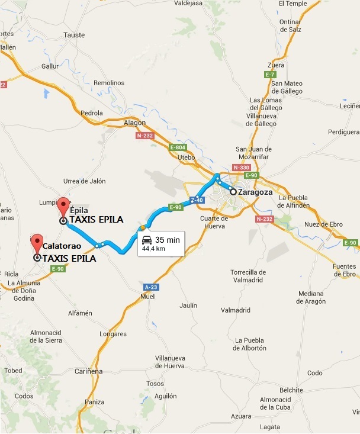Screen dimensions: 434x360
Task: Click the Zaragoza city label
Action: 254,192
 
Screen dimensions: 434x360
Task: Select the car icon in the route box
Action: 146,240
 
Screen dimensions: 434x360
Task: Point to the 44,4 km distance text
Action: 153,249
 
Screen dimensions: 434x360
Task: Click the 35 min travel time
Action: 167,240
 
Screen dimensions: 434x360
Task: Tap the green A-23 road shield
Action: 150,287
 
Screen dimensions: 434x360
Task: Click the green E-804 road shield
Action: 178,147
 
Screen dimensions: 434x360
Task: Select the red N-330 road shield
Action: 242,168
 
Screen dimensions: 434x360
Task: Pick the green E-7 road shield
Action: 270,74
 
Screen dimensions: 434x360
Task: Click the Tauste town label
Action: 74,35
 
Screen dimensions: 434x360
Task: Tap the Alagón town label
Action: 135,122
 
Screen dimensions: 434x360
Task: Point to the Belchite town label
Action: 291,390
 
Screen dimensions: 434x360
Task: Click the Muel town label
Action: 148,297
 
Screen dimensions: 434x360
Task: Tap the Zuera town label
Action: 276,65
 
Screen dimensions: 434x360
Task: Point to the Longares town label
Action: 113,333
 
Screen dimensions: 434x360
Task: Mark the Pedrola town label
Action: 92,112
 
